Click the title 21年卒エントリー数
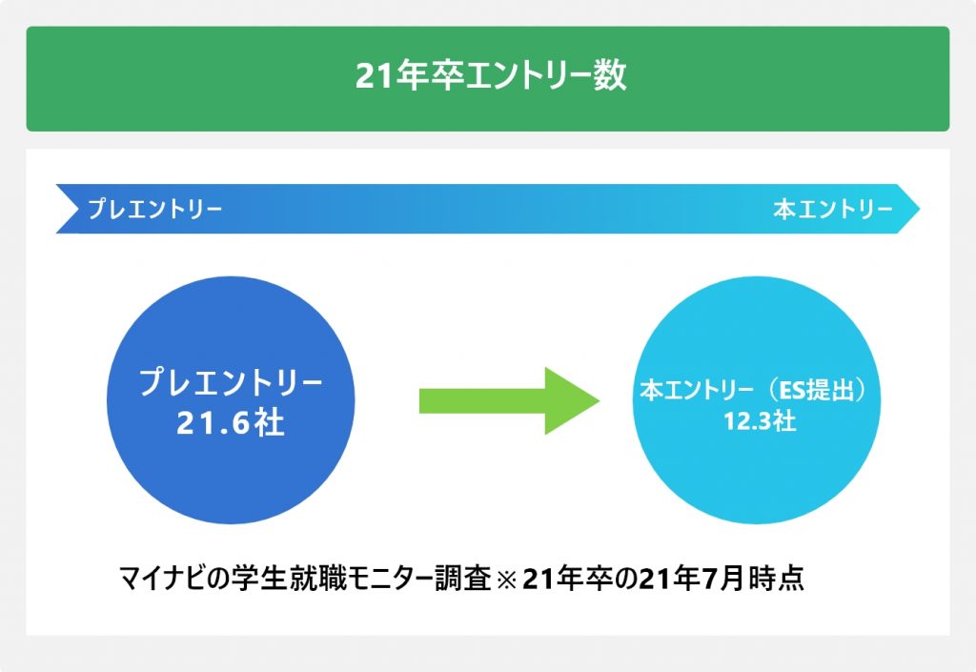click(x=491, y=76)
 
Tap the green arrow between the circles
click(x=509, y=400)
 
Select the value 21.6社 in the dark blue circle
click(x=231, y=422)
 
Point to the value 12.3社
click(x=760, y=421)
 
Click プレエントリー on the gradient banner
click(x=155, y=209)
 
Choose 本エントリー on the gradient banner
click(x=833, y=209)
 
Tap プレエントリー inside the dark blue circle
click(x=231, y=381)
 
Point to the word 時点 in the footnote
click(x=778, y=578)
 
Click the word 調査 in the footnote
click(x=463, y=578)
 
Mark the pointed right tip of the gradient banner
click(x=920, y=209)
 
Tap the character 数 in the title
click(x=610, y=76)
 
